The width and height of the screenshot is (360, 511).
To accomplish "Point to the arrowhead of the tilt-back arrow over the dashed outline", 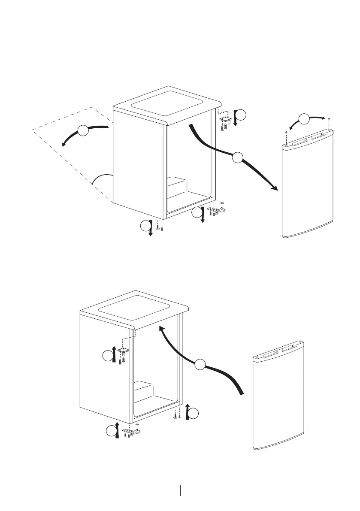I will (63, 145).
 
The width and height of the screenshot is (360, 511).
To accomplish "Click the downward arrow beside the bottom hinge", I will (203, 216).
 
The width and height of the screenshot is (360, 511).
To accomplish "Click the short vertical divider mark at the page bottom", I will (180, 490).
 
